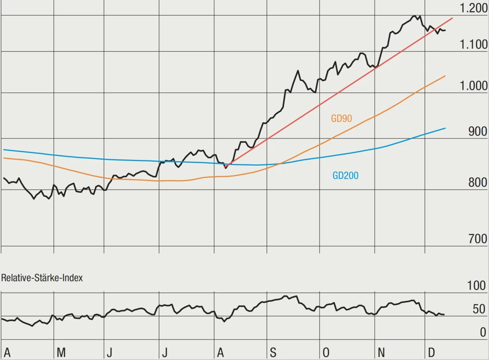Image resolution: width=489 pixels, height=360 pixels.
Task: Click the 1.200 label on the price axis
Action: (x=474, y=8)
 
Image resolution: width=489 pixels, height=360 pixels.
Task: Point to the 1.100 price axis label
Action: (x=474, y=45)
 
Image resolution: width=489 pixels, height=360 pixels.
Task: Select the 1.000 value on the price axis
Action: (x=474, y=86)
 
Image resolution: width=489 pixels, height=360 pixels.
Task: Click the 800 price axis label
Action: (x=477, y=183)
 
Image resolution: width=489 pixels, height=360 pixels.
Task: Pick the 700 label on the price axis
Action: (x=477, y=239)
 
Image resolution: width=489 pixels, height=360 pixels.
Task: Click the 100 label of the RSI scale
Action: (x=477, y=286)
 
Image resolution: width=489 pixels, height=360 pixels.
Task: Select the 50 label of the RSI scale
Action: (x=479, y=309)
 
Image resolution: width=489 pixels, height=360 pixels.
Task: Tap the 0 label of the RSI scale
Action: (x=483, y=333)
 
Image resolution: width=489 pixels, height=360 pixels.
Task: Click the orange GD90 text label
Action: (x=342, y=118)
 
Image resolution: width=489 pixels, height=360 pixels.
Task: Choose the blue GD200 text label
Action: (x=345, y=176)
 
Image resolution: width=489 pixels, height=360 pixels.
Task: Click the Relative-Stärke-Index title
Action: (x=42, y=278)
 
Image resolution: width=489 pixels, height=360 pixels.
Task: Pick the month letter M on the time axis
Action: (x=61, y=352)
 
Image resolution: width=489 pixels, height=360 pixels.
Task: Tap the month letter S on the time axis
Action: (x=273, y=352)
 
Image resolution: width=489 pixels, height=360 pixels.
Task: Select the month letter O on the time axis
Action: (x=326, y=352)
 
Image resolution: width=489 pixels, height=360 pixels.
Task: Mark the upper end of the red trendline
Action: (x=453, y=18)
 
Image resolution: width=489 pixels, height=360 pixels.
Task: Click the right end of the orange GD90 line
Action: (x=445, y=76)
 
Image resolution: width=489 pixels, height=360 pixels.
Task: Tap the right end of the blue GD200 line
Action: (x=445, y=128)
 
